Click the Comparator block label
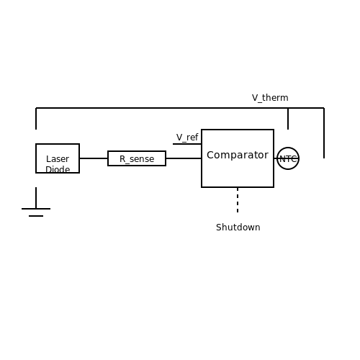point(238,155)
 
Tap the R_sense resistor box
point(137,158)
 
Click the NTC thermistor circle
point(288,148)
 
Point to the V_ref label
point(187,138)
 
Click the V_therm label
point(270,98)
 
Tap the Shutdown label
point(238,228)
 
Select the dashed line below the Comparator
point(238,200)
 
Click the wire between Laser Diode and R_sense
point(94,158)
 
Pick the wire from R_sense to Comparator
point(184,158)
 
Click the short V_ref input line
point(187,144)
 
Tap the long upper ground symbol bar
point(36,209)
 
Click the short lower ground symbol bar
point(36,216)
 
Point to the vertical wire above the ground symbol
point(36,198)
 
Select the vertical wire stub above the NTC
point(288,119)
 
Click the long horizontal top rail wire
point(180,108)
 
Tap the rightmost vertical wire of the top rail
point(324,133)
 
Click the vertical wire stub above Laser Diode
point(36,119)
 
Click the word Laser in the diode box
point(58,159)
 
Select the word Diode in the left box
point(58,169)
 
